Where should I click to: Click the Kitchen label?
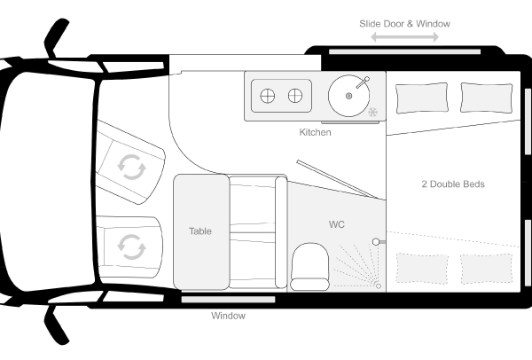(x=315, y=132)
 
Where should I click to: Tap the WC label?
(x=337, y=224)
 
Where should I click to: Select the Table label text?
(x=200, y=231)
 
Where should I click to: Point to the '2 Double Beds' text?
(x=453, y=184)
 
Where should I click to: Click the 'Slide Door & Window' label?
(x=405, y=24)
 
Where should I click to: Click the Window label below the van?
(x=228, y=316)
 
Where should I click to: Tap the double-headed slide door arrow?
(x=405, y=37)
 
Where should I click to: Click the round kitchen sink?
(x=348, y=96)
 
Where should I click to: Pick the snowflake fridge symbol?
(x=373, y=112)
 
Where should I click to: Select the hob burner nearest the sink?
(x=295, y=96)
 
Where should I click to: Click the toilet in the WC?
(x=309, y=266)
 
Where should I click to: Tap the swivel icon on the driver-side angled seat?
(x=131, y=167)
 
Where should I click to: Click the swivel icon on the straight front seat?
(x=131, y=247)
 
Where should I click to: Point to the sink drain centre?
(x=348, y=96)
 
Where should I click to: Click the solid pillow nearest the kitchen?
(x=422, y=98)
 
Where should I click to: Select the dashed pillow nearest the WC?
(x=422, y=268)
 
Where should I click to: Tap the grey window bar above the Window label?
(x=228, y=300)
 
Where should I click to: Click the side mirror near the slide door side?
(x=57, y=38)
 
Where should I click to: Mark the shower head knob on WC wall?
(x=376, y=242)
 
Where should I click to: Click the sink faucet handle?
(x=363, y=82)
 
